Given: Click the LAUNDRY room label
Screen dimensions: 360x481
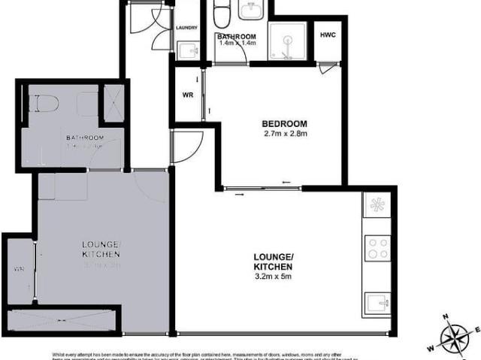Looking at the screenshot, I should pyautogui.click(x=186, y=28).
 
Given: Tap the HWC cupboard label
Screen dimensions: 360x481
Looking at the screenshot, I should pyautogui.click(x=328, y=35).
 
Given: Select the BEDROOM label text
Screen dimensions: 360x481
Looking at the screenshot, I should pyautogui.click(x=285, y=124).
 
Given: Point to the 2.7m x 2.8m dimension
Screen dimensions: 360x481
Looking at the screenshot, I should pyautogui.click(x=285, y=135).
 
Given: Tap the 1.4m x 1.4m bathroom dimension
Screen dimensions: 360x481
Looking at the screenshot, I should pyautogui.click(x=237, y=44).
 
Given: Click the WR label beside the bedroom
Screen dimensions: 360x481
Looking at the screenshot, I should pyautogui.click(x=189, y=95).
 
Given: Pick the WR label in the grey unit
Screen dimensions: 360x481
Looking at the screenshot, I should pyautogui.click(x=17, y=269).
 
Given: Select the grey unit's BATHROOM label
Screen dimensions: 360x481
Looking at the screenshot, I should pyautogui.click(x=83, y=138).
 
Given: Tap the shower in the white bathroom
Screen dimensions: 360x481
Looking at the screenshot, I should pyautogui.click(x=289, y=42).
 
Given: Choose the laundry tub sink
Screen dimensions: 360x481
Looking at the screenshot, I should pyautogui.click(x=189, y=51).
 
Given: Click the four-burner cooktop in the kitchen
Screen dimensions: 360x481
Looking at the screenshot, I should pyautogui.click(x=376, y=247).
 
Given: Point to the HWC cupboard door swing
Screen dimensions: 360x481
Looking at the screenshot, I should pyautogui.click(x=324, y=68).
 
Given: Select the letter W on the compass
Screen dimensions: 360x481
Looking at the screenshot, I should pyautogui.click(x=431, y=348).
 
